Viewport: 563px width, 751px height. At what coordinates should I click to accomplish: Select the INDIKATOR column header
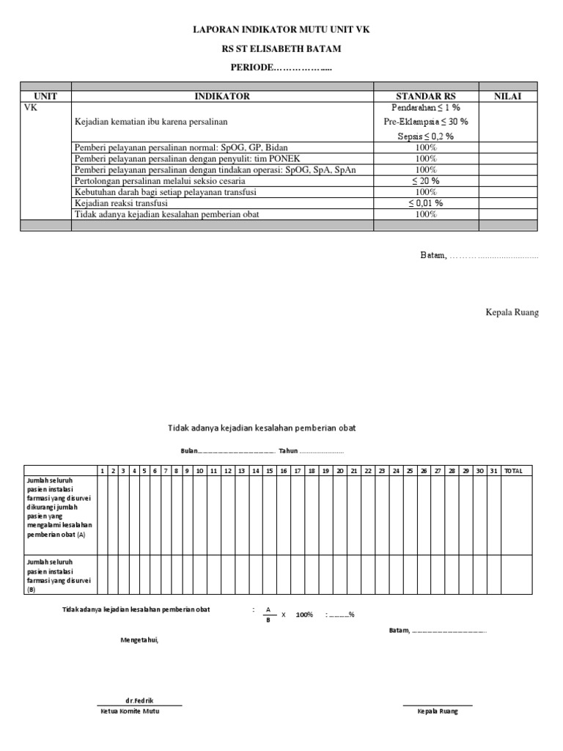222,96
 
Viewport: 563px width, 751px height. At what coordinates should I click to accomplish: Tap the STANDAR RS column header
425,96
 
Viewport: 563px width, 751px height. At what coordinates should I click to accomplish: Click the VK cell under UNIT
31,107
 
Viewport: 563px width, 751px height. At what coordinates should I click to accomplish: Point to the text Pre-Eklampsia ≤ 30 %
425,121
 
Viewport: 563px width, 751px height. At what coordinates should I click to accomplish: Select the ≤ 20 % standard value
425,180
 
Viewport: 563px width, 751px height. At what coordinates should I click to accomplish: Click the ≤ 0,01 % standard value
425,203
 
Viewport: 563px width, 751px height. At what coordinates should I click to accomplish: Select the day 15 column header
269,471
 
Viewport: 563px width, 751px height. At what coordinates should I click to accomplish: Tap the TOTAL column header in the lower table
513,471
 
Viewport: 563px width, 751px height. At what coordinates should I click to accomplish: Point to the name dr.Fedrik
139,700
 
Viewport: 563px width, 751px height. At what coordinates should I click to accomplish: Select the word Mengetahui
139,640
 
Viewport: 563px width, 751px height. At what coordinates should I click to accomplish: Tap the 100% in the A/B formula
304,615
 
